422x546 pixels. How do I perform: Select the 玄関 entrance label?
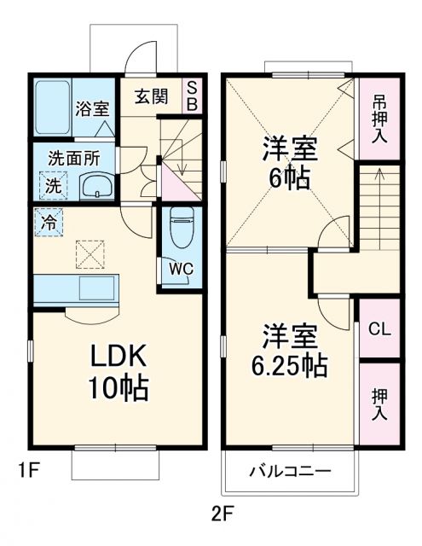tap(149, 95)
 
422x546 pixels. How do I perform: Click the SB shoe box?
tap(192, 96)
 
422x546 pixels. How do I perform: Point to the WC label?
tap(180, 268)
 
